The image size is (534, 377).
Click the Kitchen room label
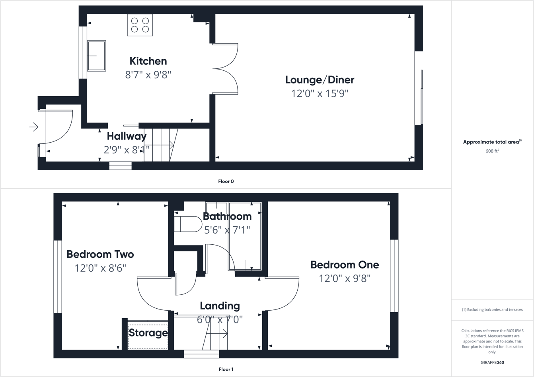[x=148, y=61]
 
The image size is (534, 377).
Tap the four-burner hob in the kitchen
[x=140, y=25]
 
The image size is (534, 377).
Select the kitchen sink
[x=96, y=56]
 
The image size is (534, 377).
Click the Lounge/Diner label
[x=320, y=80]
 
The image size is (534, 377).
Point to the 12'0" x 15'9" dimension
[x=320, y=94]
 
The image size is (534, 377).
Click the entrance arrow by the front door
[x=34, y=127]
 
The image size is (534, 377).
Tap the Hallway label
[x=127, y=136]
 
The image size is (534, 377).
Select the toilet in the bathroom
[x=188, y=224]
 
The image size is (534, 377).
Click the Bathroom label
[x=227, y=217]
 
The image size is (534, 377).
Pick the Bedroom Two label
[x=100, y=254]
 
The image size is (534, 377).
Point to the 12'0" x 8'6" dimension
[x=100, y=268]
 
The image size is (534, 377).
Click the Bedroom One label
[x=345, y=265]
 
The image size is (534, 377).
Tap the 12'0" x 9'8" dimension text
[x=345, y=278]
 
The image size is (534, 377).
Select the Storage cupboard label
[x=148, y=333]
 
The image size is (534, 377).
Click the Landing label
[x=220, y=306]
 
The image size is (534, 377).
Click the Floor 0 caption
[x=226, y=182]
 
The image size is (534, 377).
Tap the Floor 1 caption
[x=226, y=369]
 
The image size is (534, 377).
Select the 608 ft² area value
[x=492, y=151]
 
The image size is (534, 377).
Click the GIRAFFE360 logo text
[x=492, y=362]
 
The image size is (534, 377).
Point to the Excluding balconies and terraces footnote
[x=492, y=309]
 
